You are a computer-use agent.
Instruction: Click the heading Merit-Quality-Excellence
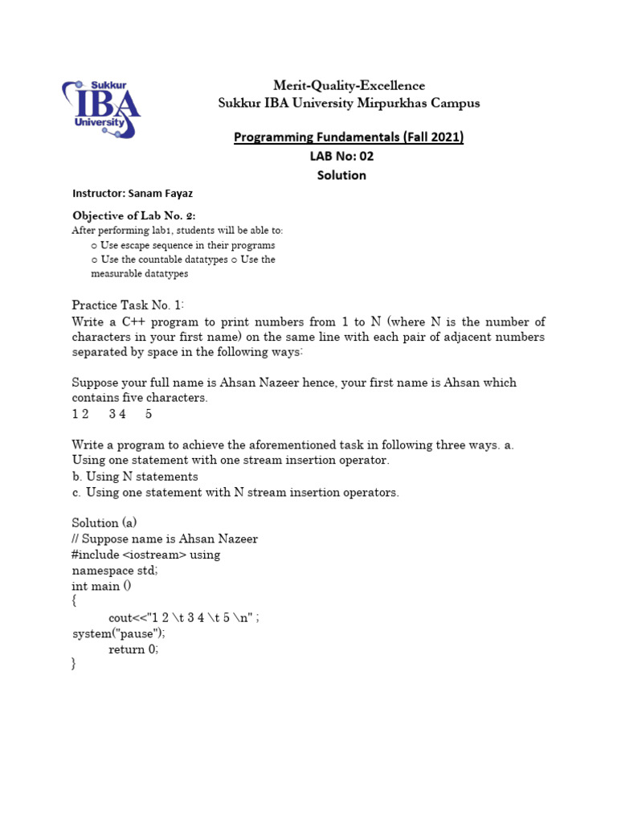tap(349, 85)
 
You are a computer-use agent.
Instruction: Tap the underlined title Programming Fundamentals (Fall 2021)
tap(349, 137)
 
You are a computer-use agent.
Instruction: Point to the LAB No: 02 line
tap(342, 157)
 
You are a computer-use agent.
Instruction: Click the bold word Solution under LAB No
tap(341, 175)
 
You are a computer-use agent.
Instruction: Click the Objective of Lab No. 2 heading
tap(133, 215)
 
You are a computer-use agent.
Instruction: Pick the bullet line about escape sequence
tap(183, 245)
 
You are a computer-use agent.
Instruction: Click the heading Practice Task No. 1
tap(129, 305)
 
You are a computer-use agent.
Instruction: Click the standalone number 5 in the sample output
tap(149, 415)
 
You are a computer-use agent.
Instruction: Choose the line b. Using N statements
tap(135, 477)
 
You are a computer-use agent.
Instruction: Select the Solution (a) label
tap(104, 522)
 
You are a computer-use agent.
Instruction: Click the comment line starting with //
tap(165, 538)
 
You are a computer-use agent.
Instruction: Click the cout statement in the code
tap(183, 618)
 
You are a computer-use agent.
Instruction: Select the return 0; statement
tap(133, 649)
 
